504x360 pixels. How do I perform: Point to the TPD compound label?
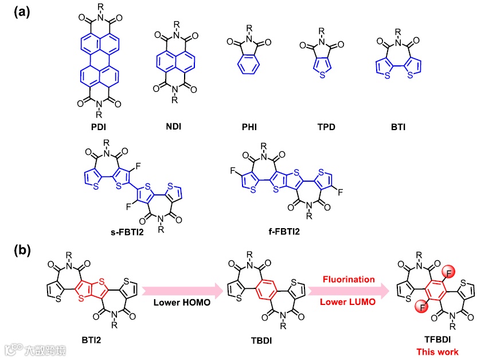322,127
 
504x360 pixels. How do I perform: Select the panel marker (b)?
21,251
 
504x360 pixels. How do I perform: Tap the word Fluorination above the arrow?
349,280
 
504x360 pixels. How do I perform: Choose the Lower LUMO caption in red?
349,302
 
